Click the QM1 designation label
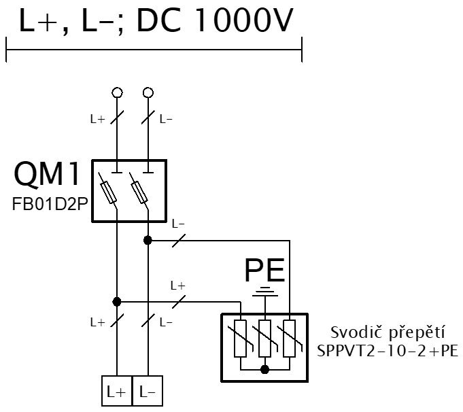[x=47, y=175]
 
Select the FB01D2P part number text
[x=50, y=204]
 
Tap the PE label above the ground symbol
[x=265, y=270]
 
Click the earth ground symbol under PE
[x=265, y=291]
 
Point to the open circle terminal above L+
[x=117, y=92]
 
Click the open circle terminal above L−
[x=148, y=92]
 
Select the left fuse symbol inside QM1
[x=108, y=192]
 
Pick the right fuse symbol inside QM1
[x=139, y=192]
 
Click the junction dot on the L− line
[x=148, y=241]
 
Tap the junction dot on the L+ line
[x=117, y=302]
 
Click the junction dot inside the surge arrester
[x=265, y=369]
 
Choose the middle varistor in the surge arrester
[x=265, y=339]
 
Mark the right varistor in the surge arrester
[x=290, y=339]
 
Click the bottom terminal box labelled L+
[x=117, y=391]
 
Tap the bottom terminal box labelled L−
[x=148, y=391]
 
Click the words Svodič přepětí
[x=388, y=332]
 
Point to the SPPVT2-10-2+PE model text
[x=388, y=351]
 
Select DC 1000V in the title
[x=215, y=20]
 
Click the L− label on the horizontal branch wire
[x=178, y=224]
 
